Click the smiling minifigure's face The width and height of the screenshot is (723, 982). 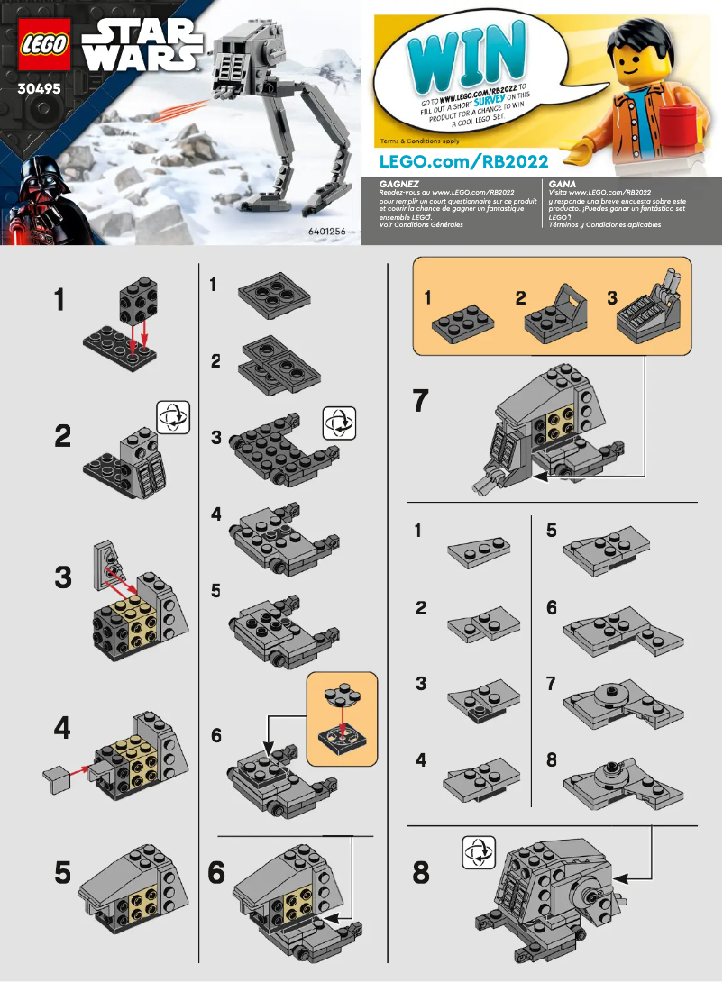coord(640,63)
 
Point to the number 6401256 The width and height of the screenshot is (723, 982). coord(329,232)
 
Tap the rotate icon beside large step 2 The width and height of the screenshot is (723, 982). coord(173,417)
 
